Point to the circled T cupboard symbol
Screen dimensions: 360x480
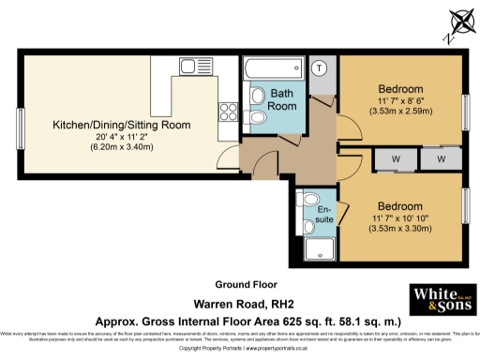click(319, 67)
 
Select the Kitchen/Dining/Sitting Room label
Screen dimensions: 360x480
click(122, 124)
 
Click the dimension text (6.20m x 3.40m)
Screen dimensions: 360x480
click(122, 148)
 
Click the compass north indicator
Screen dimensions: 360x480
click(458, 23)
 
